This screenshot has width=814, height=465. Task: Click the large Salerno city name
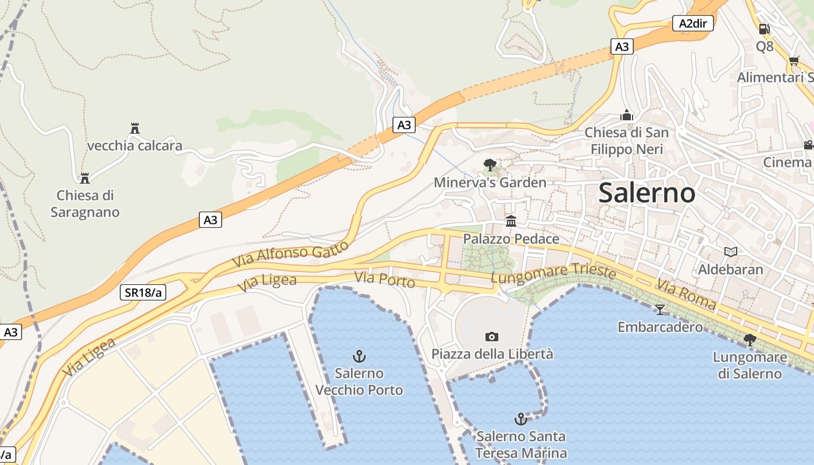point(647,192)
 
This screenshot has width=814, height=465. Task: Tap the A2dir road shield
point(694,23)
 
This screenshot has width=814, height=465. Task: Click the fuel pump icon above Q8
point(765,28)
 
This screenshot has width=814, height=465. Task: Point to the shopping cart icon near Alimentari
point(794,60)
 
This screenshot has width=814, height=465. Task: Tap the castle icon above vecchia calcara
point(135,128)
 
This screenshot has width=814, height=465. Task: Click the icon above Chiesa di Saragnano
point(85,178)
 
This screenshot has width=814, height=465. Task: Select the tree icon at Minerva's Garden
point(490,165)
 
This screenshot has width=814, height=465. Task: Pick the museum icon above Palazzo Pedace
point(511,221)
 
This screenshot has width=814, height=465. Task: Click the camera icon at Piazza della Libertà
point(492,337)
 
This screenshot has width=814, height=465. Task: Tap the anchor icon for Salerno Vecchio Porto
point(359,356)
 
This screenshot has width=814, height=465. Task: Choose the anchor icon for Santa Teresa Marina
point(520,419)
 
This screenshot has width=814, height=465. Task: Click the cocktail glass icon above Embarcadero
point(659,309)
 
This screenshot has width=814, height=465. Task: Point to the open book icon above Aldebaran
point(731,252)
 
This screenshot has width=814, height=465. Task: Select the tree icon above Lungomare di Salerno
point(750,340)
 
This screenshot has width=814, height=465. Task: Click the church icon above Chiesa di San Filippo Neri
point(626,115)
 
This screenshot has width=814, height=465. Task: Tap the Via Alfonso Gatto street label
point(291,254)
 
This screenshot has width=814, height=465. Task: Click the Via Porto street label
point(385,280)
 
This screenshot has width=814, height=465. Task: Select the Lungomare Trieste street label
point(553,274)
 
